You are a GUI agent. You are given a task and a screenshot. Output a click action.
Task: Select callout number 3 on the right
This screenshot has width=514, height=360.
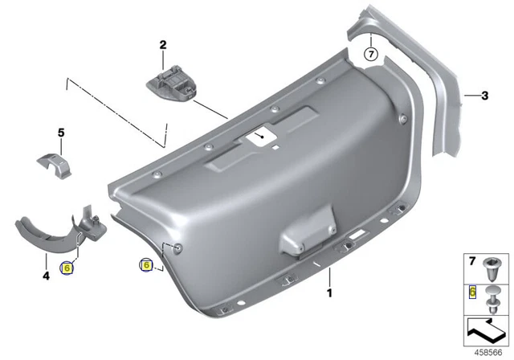(x=484, y=96)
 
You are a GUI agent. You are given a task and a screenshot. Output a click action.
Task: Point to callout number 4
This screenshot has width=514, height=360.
(x=46, y=276)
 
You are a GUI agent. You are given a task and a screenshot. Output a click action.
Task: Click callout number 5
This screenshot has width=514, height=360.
(x=59, y=131)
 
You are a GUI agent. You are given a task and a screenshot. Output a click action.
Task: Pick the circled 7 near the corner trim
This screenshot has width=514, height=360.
(x=370, y=54)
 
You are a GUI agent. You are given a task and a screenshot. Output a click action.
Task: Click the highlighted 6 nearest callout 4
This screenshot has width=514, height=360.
(x=67, y=268)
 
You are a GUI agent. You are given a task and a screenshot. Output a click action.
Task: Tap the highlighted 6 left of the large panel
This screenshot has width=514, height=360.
(x=146, y=264)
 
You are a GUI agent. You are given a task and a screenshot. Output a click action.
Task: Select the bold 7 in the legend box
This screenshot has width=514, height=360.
(x=472, y=263)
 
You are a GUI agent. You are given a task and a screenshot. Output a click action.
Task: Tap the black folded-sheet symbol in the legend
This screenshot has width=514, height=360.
(x=485, y=329)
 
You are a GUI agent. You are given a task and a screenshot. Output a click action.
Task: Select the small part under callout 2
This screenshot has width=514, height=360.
(x=172, y=83)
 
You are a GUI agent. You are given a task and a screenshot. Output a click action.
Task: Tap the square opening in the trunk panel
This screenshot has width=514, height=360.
(x=260, y=137)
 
